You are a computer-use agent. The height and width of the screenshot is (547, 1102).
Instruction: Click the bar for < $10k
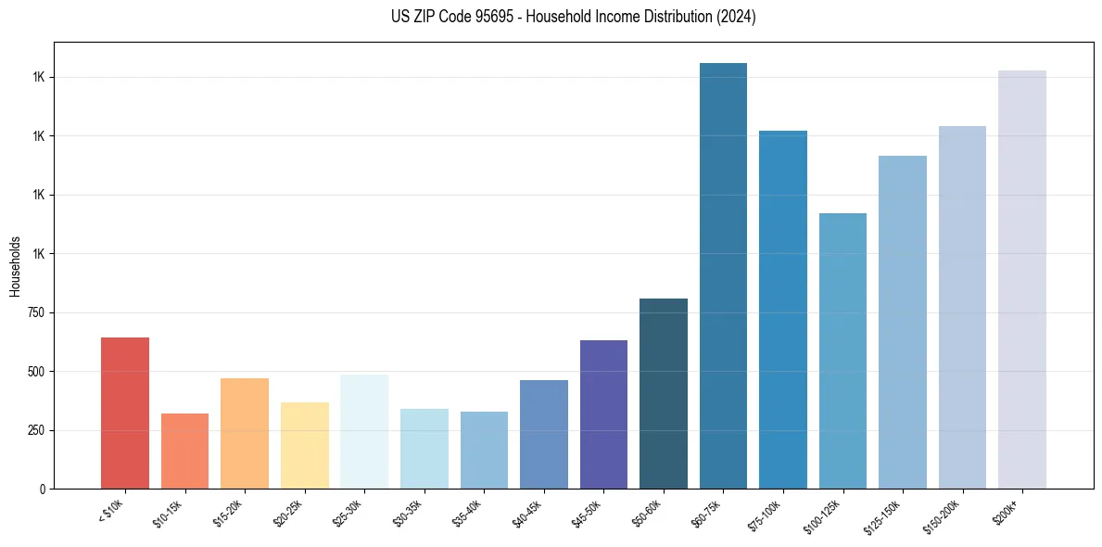pos(125,413)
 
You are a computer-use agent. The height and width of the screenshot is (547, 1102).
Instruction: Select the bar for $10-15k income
pos(184,451)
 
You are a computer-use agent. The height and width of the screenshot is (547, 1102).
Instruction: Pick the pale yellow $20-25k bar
pos(304,445)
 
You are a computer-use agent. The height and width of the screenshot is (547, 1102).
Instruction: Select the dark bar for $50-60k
pos(664,393)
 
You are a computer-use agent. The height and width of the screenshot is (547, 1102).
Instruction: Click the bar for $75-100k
pos(783,310)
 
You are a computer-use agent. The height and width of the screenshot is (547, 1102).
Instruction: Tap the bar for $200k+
pos(1022,279)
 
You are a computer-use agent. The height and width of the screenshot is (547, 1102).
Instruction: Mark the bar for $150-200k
pos(962,307)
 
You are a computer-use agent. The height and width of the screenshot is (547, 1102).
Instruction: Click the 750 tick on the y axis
pos(36,312)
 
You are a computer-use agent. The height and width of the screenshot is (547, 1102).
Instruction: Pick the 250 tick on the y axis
pos(36,430)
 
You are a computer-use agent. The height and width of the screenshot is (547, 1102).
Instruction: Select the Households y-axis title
pos(15,266)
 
